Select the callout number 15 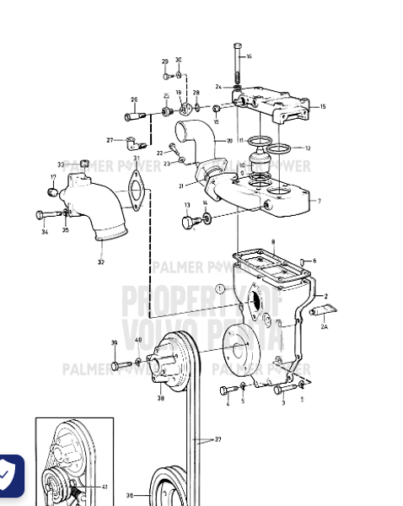tap(322, 107)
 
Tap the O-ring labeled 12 tap(289, 148)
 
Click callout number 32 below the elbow tap(100, 262)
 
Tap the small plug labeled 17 tap(54, 192)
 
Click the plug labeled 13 tap(189, 221)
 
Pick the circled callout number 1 tap(219, 289)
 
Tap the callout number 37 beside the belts tap(218, 439)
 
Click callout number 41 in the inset tap(104, 487)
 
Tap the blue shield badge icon tap(8, 476)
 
